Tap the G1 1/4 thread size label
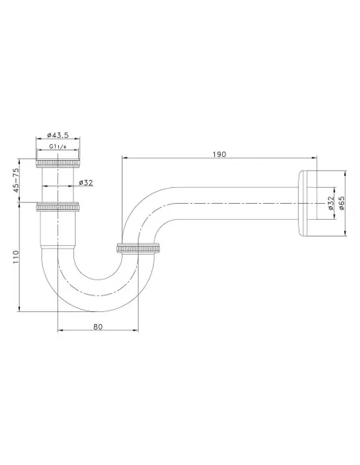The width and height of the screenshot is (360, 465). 58,148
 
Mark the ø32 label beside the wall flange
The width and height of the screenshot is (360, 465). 329,204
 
